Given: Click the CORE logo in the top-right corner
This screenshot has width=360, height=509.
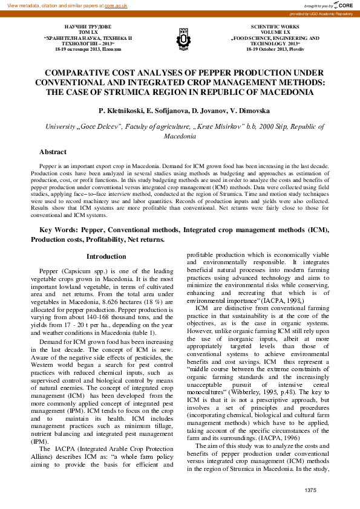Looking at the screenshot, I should [343, 5].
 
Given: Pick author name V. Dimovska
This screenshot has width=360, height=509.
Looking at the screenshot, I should [242, 111].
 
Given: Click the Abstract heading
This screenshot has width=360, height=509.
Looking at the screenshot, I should [53, 152].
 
